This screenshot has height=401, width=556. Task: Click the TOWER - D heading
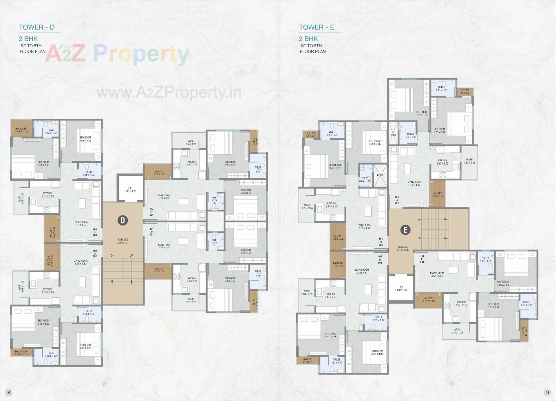click(x=37, y=27)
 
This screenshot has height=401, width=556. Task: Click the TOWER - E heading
click(x=317, y=27)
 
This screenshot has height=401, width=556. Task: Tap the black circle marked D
click(x=123, y=221)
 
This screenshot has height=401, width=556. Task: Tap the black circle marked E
click(x=405, y=230)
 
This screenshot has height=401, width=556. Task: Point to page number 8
click(x=9, y=392)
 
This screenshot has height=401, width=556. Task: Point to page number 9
click(x=547, y=392)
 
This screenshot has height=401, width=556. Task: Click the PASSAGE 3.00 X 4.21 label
click(x=123, y=241)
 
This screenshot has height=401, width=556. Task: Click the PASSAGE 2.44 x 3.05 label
click(x=403, y=248)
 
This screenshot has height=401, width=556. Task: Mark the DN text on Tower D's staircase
click(x=113, y=256)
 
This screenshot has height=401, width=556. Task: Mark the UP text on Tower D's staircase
click(x=131, y=256)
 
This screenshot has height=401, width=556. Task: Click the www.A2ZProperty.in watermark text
click(x=169, y=93)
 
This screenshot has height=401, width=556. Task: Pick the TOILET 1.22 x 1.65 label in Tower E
click(x=486, y=260)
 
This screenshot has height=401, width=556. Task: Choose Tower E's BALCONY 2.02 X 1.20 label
click(x=429, y=300)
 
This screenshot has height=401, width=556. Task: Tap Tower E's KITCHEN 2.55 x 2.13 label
click(x=461, y=304)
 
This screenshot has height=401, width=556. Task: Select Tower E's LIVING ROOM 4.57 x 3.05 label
click(x=437, y=274)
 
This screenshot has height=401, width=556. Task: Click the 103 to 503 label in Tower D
click(x=95, y=232)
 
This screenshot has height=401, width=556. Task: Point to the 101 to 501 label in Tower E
click(x=422, y=259)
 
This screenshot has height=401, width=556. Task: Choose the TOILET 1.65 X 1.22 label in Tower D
click(x=89, y=173)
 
